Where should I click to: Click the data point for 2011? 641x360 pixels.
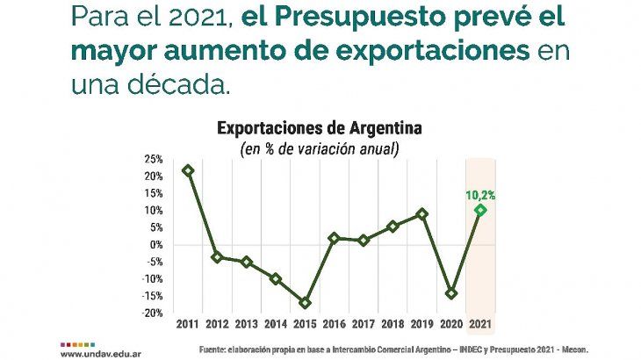187,170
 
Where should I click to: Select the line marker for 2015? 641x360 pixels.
305,303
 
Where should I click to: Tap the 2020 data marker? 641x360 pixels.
451,293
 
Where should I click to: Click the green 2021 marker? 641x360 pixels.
480,210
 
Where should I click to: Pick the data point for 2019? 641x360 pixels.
422,213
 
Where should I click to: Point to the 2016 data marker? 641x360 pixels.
334,238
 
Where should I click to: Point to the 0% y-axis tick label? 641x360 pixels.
155,244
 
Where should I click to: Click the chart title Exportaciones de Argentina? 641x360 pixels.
320,128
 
